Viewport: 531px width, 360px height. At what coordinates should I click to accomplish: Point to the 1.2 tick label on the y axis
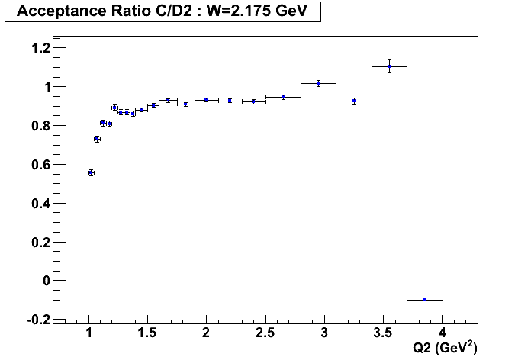point(39,48)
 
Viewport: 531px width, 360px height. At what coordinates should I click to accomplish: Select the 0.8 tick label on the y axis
point(39,126)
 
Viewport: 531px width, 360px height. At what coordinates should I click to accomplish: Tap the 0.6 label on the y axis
point(39,165)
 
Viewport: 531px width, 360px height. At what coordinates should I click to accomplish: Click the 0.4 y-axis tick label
point(39,204)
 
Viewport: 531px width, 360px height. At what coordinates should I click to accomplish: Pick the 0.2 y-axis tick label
point(39,242)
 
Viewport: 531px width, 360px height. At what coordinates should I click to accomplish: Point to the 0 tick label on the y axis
point(47,281)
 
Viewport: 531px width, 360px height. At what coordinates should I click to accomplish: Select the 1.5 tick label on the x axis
point(148,333)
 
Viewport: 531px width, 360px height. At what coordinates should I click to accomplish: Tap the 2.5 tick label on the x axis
point(265,333)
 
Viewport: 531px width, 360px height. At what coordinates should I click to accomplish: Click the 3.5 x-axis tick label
point(383,333)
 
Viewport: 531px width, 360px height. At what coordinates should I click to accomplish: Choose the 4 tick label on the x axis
point(443,333)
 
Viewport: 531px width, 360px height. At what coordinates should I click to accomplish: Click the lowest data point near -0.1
point(424,300)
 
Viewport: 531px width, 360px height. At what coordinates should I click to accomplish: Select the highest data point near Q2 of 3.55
point(389,66)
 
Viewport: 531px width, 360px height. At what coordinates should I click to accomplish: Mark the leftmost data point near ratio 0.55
point(91,172)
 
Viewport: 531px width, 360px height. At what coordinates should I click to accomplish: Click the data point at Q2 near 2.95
point(318,83)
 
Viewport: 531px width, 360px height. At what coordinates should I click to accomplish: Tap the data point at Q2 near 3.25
point(354,101)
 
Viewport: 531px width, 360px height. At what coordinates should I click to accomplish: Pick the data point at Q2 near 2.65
point(283,97)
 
